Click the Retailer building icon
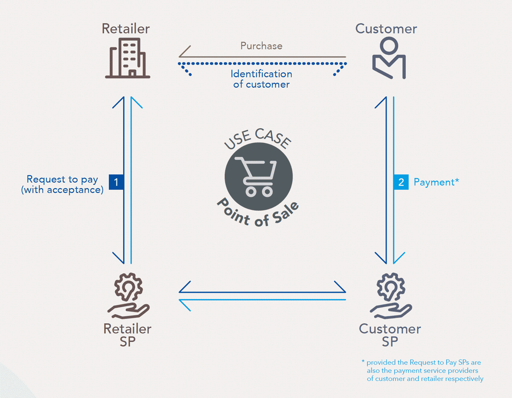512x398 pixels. click(128, 58)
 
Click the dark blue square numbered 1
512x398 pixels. click(116, 182)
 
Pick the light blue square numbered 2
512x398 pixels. click(401, 182)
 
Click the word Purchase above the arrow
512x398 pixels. click(261, 46)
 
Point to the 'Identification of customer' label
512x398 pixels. click(261, 79)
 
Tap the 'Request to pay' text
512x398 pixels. click(62, 180)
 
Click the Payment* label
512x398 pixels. click(436, 182)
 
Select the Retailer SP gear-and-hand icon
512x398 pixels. click(128, 295)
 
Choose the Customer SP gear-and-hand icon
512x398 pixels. click(391, 295)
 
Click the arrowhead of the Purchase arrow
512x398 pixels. click(180, 57)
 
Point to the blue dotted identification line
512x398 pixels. click(262, 64)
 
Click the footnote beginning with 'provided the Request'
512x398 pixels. click(422, 370)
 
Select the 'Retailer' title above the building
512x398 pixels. click(125, 29)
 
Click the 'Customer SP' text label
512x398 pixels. click(390, 335)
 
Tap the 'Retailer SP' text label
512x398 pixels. click(127, 335)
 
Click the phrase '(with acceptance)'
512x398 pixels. click(62, 190)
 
